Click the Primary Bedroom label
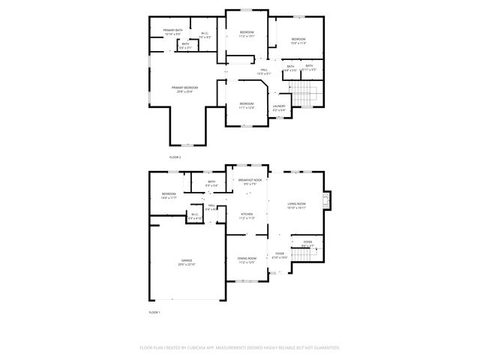184,88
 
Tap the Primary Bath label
173,30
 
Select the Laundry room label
279,106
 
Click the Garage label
186,260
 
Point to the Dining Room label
247,259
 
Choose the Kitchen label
247,214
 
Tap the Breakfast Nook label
250,180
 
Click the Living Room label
297,204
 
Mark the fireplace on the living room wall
325,199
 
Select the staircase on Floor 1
301,255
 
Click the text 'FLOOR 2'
175,157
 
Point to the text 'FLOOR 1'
154,312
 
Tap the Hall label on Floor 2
264,70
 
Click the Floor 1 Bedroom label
169,194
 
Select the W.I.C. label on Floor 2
205,33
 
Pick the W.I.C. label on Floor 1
194,214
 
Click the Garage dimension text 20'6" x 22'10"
186,265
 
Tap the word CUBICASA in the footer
197,348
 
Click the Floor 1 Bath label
211,181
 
